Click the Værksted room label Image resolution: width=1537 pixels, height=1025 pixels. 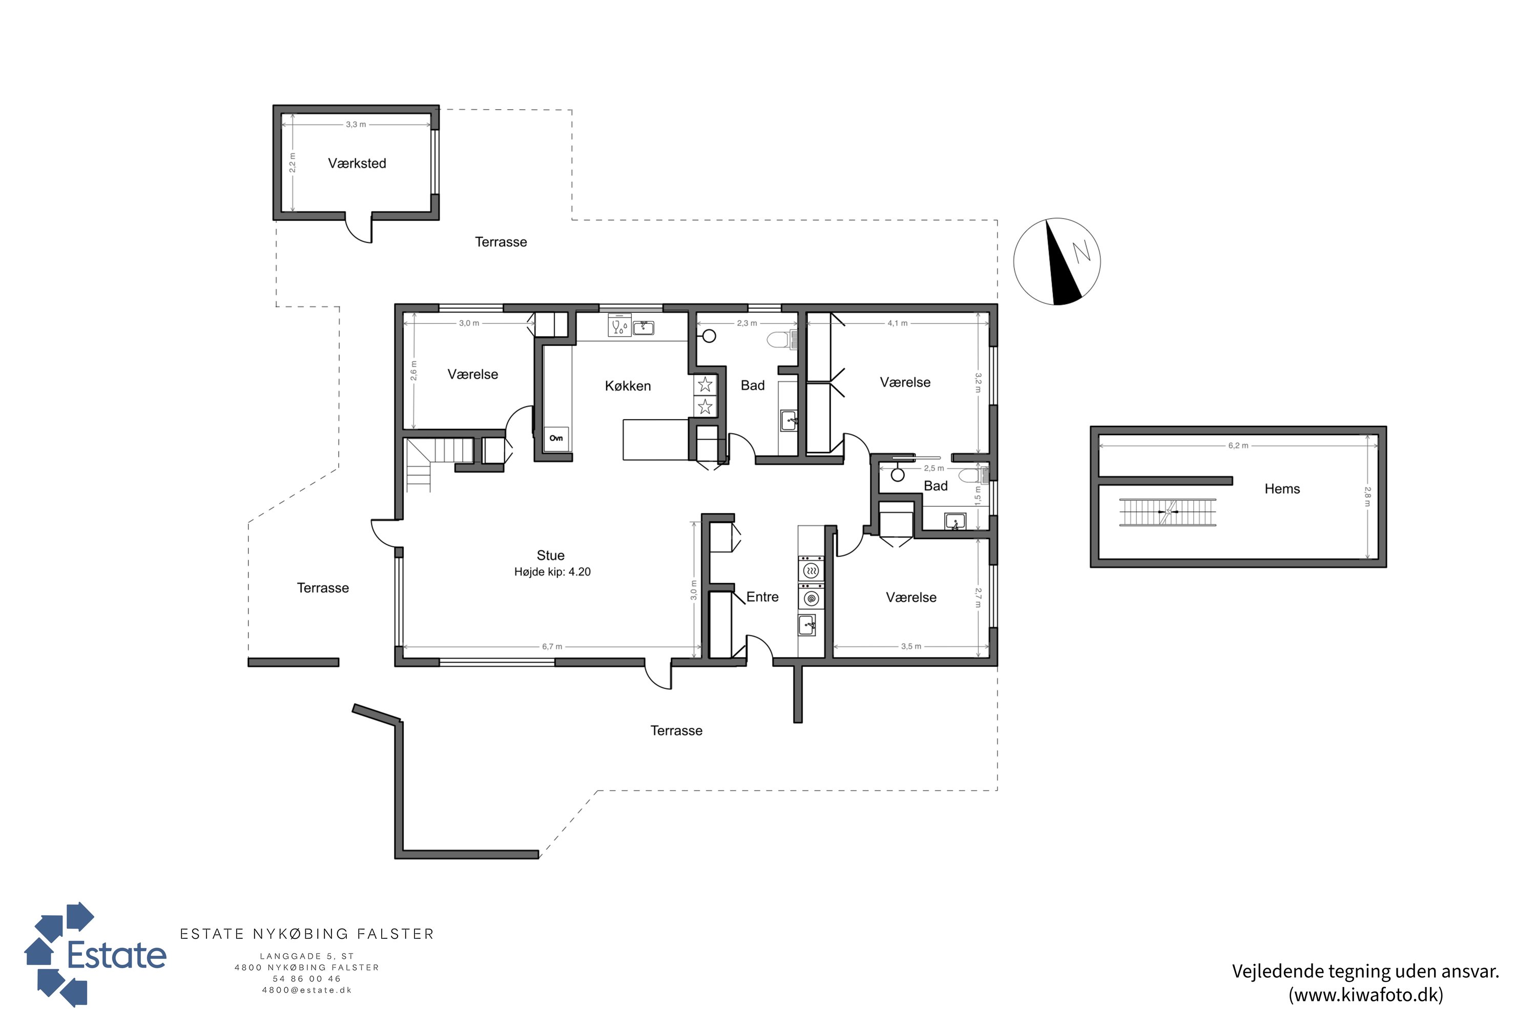[357, 163]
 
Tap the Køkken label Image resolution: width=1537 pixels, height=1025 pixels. [628, 386]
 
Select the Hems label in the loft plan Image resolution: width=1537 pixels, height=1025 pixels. [1282, 489]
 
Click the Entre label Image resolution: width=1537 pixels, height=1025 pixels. [763, 597]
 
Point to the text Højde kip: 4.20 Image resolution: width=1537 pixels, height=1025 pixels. [552, 572]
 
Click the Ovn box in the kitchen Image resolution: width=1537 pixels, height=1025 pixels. [556, 438]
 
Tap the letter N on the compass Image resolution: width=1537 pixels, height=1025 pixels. [1082, 251]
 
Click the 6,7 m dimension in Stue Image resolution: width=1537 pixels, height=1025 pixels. [552, 646]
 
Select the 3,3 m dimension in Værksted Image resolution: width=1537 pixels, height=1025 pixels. [356, 124]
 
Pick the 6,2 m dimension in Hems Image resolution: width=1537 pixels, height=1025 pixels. [1238, 446]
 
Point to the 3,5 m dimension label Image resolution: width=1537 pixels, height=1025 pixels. [911, 646]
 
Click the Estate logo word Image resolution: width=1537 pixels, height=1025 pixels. [117, 955]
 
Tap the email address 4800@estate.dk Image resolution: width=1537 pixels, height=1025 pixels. [307, 990]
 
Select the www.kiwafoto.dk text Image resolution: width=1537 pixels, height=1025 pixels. [1366, 995]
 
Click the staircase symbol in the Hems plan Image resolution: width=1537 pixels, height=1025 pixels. [1168, 512]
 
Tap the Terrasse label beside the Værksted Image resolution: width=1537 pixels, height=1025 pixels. [501, 242]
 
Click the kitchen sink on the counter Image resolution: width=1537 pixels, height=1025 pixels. [643, 327]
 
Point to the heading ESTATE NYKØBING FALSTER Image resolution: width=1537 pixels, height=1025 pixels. [307, 934]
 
